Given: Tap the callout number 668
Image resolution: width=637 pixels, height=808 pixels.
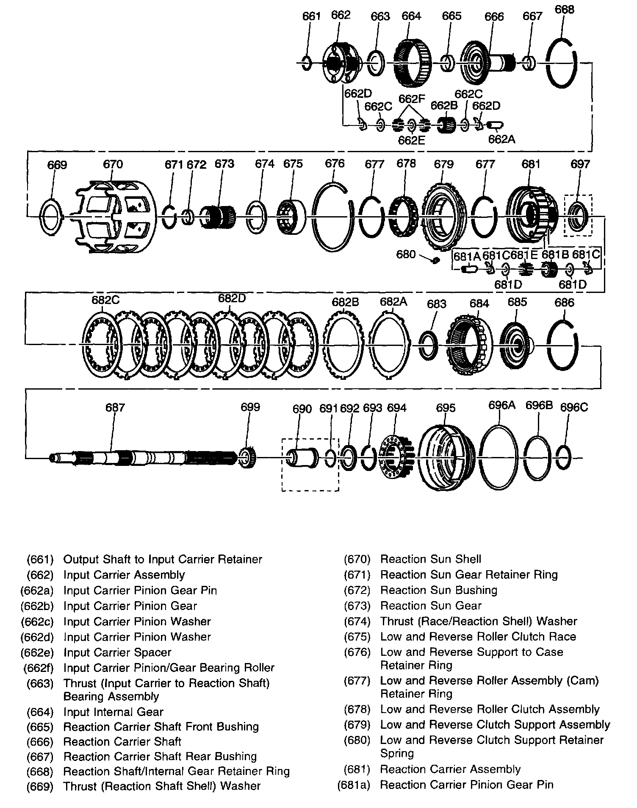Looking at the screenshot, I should (x=564, y=9).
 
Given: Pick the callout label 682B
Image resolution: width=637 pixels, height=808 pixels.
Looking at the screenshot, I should (x=346, y=302).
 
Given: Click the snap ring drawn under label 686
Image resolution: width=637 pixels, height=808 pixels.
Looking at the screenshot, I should (x=563, y=345).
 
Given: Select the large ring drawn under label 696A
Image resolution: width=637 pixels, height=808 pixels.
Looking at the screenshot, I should (x=500, y=458).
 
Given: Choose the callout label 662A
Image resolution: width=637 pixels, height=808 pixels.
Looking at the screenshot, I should (x=501, y=139).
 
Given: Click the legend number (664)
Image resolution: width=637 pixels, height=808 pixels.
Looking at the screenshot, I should (x=40, y=712).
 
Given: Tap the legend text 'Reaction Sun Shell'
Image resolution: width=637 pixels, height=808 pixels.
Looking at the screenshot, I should (x=431, y=559).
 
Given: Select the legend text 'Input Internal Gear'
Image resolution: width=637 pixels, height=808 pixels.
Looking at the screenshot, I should (x=113, y=712).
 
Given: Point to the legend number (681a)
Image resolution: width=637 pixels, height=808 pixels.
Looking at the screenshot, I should (x=354, y=785).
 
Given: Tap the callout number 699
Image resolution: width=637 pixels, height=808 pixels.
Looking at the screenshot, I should (x=250, y=407).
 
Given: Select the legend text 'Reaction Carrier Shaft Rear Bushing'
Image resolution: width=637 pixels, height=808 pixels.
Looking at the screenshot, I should (x=160, y=756).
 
